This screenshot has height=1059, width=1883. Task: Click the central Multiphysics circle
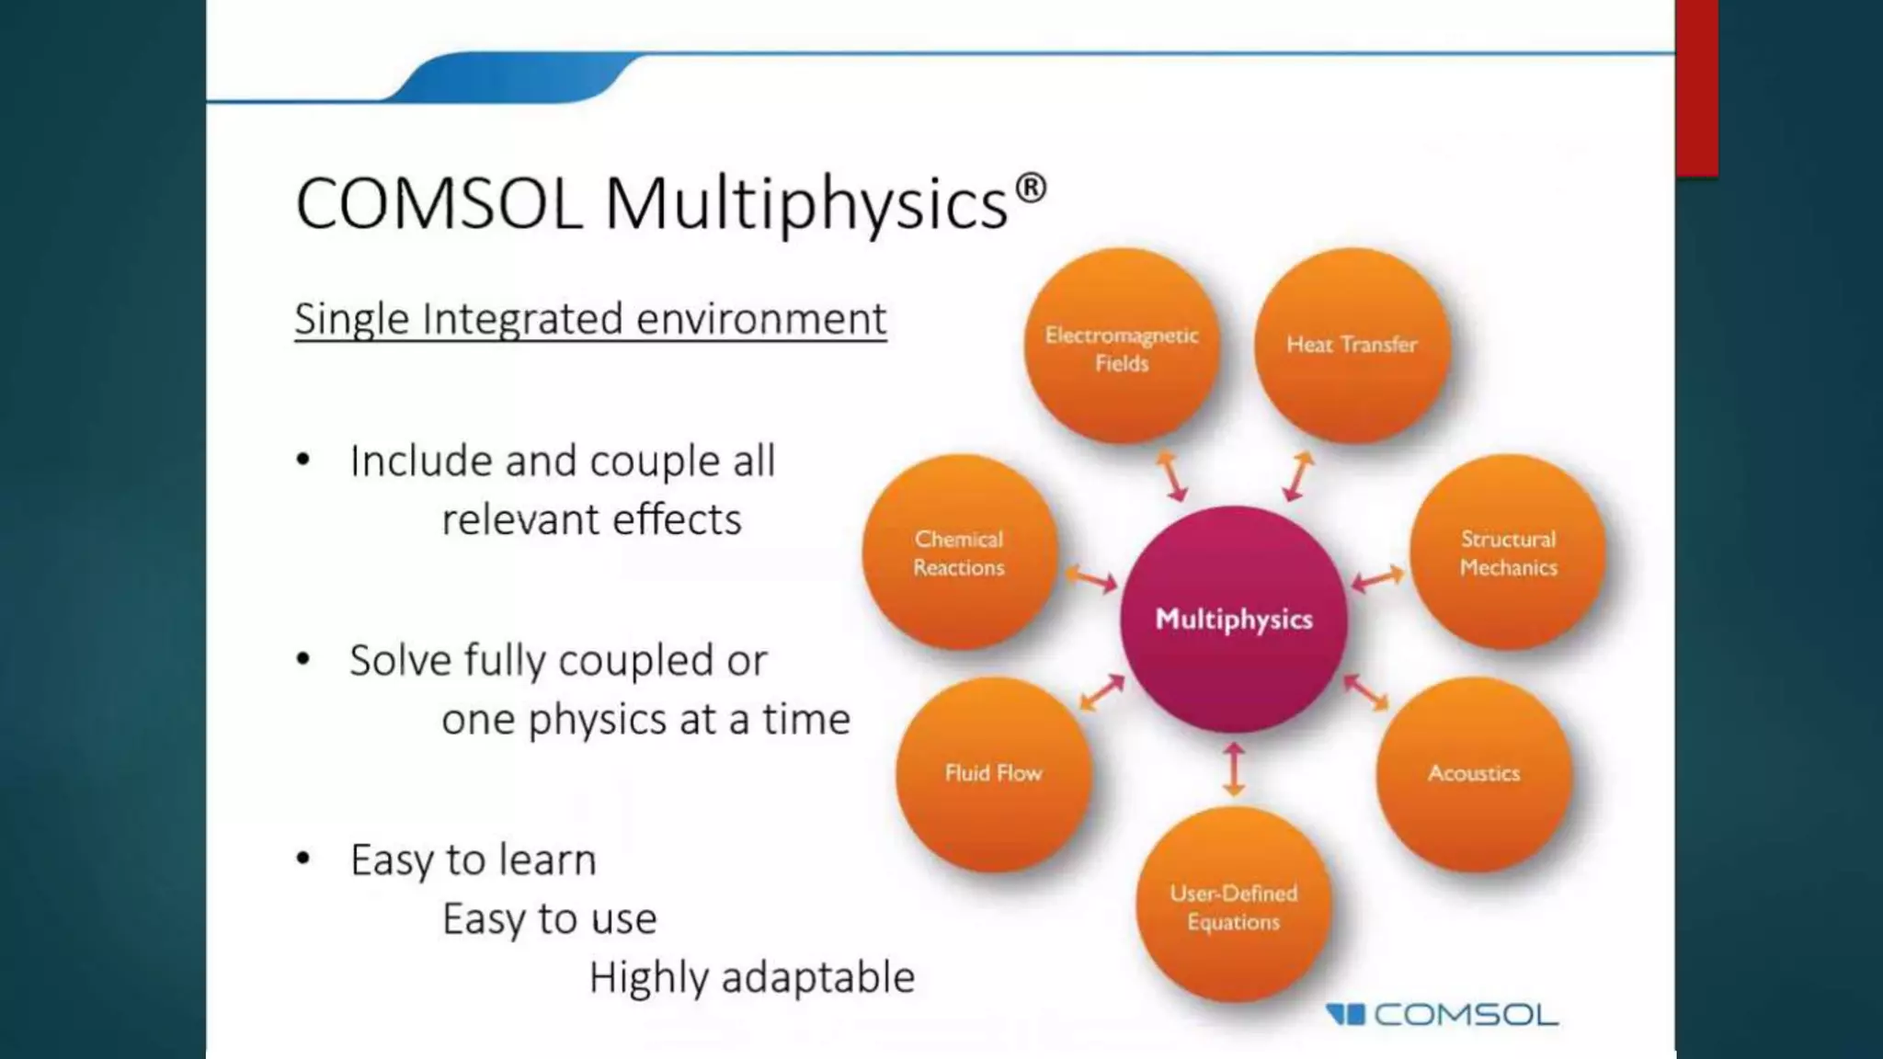pos(1234,619)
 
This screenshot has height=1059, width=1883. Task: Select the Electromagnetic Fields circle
pos(1122,347)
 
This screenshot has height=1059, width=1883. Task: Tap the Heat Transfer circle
pos(1352,345)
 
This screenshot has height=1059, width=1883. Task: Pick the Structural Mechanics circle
pos(1508,552)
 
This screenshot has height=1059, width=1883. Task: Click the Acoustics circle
pos(1473,773)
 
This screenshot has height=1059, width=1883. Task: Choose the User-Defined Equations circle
pos(1233,905)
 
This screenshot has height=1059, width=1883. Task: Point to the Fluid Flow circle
pos(994,773)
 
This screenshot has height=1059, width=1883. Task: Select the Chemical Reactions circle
pos(959,552)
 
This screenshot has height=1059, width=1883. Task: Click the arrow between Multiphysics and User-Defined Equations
pos(1234,769)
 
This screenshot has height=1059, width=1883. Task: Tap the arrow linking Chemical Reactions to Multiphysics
pos(1091,580)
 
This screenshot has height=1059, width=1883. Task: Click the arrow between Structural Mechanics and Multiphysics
pos(1377,579)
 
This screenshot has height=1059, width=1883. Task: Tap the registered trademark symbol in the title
pos(1032,188)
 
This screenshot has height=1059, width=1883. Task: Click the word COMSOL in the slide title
pos(439,203)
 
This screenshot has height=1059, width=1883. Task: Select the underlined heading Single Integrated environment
pos(590,319)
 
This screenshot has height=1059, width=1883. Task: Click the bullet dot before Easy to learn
pos(303,860)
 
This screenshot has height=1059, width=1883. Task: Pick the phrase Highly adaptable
pos(751,977)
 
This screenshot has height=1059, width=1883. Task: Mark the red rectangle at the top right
pos(1696,87)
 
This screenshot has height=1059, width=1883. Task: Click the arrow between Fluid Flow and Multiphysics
pos(1101,692)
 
